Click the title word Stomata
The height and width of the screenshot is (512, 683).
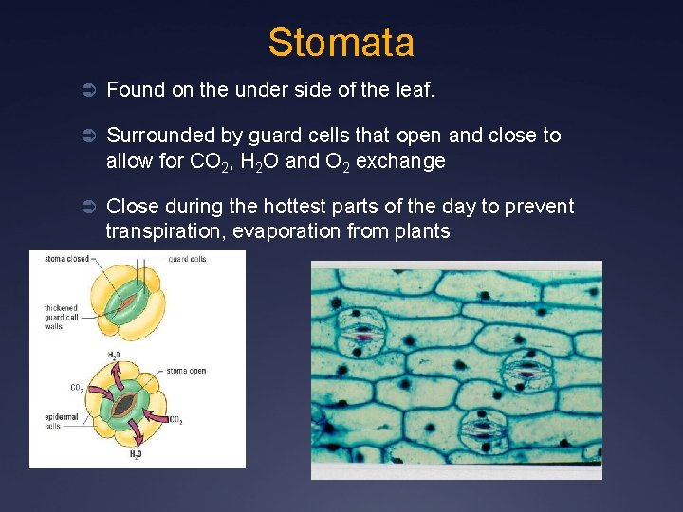341,43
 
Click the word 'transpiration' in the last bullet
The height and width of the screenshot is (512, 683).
159,231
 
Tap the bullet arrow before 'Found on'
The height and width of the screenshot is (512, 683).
85,90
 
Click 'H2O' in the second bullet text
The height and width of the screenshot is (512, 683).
257,161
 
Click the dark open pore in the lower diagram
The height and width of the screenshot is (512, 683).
123,406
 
